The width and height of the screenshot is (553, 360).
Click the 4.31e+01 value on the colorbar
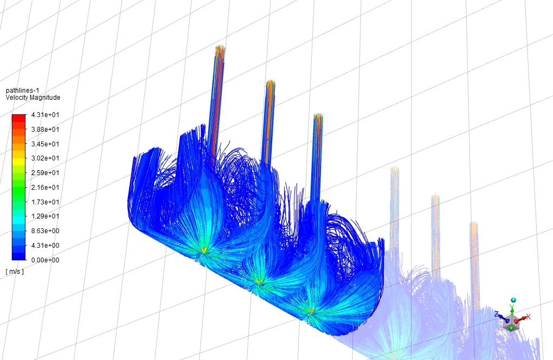45,115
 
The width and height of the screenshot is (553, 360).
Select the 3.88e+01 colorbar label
45,130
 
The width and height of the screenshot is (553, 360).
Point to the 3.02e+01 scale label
45,158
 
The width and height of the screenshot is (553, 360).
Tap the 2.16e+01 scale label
45,187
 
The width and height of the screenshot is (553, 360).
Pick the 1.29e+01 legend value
45,216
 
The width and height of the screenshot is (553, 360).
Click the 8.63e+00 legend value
45,231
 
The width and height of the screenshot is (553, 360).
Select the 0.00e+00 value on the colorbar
45,260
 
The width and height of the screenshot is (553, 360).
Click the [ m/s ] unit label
15,272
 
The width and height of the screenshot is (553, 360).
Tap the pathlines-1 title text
23,91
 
